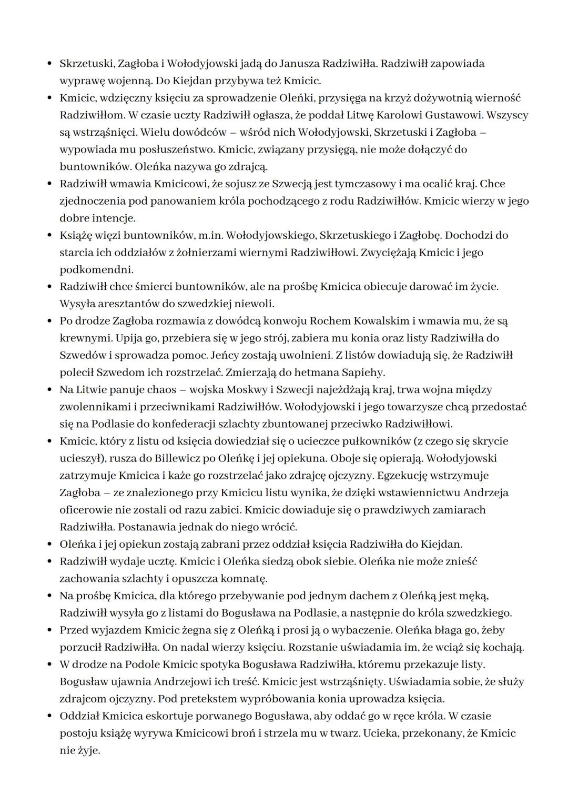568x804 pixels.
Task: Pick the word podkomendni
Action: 96,270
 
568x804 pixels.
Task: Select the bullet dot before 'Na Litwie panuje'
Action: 49,390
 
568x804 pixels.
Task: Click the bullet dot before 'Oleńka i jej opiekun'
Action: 49,545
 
